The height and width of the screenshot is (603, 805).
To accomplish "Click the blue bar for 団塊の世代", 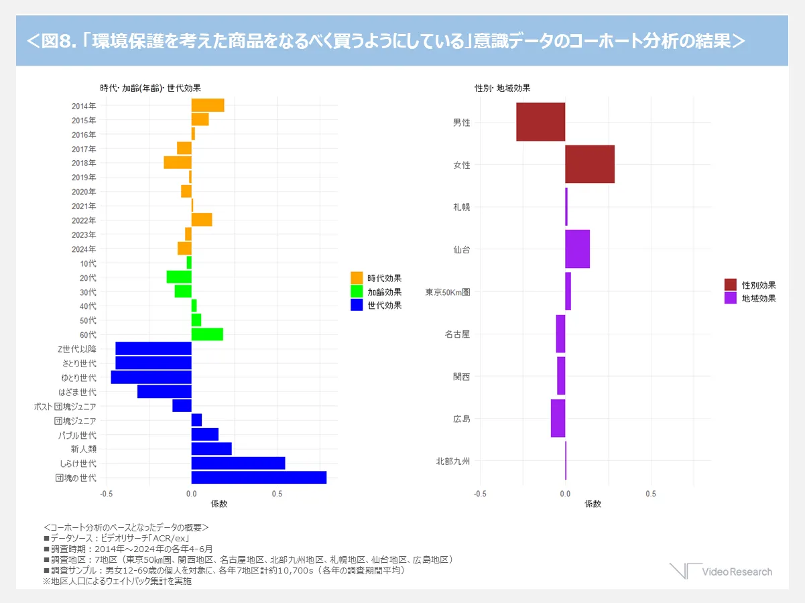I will (259, 478).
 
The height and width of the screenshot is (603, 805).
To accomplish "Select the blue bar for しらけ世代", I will (238, 463).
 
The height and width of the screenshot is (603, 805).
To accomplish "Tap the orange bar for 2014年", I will (208, 105).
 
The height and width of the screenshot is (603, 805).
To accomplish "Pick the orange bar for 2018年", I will (178, 163).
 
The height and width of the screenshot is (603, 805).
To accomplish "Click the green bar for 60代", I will (207, 334).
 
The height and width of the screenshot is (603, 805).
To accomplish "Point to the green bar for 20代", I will (179, 277).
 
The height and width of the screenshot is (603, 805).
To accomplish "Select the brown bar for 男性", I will (541, 122).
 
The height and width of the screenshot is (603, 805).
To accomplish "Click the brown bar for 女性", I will (590, 164).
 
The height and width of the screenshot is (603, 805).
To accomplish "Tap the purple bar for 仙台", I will (577, 249).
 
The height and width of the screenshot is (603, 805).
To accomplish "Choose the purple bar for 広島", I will (558, 419).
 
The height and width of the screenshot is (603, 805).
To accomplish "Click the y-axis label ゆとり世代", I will (78, 378).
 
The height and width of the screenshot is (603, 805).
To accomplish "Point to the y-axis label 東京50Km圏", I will (448, 292).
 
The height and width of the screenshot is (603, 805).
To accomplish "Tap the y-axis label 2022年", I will (84, 220).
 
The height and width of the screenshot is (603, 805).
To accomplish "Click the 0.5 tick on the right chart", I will (650, 494).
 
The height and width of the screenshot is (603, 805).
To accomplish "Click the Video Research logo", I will (721, 571).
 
